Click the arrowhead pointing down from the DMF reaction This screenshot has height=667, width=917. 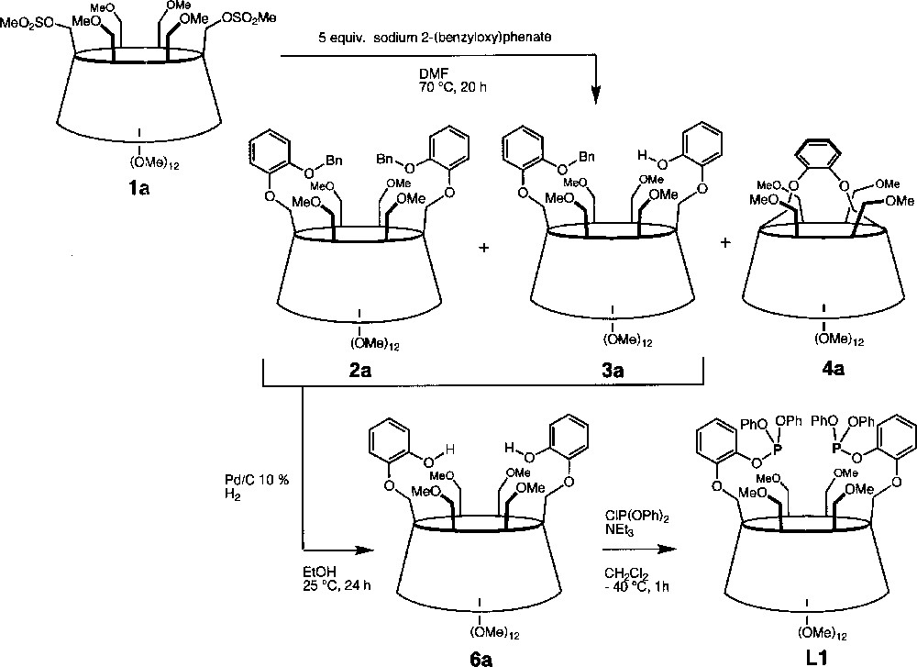point(595,94)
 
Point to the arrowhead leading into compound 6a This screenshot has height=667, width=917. point(367,550)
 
